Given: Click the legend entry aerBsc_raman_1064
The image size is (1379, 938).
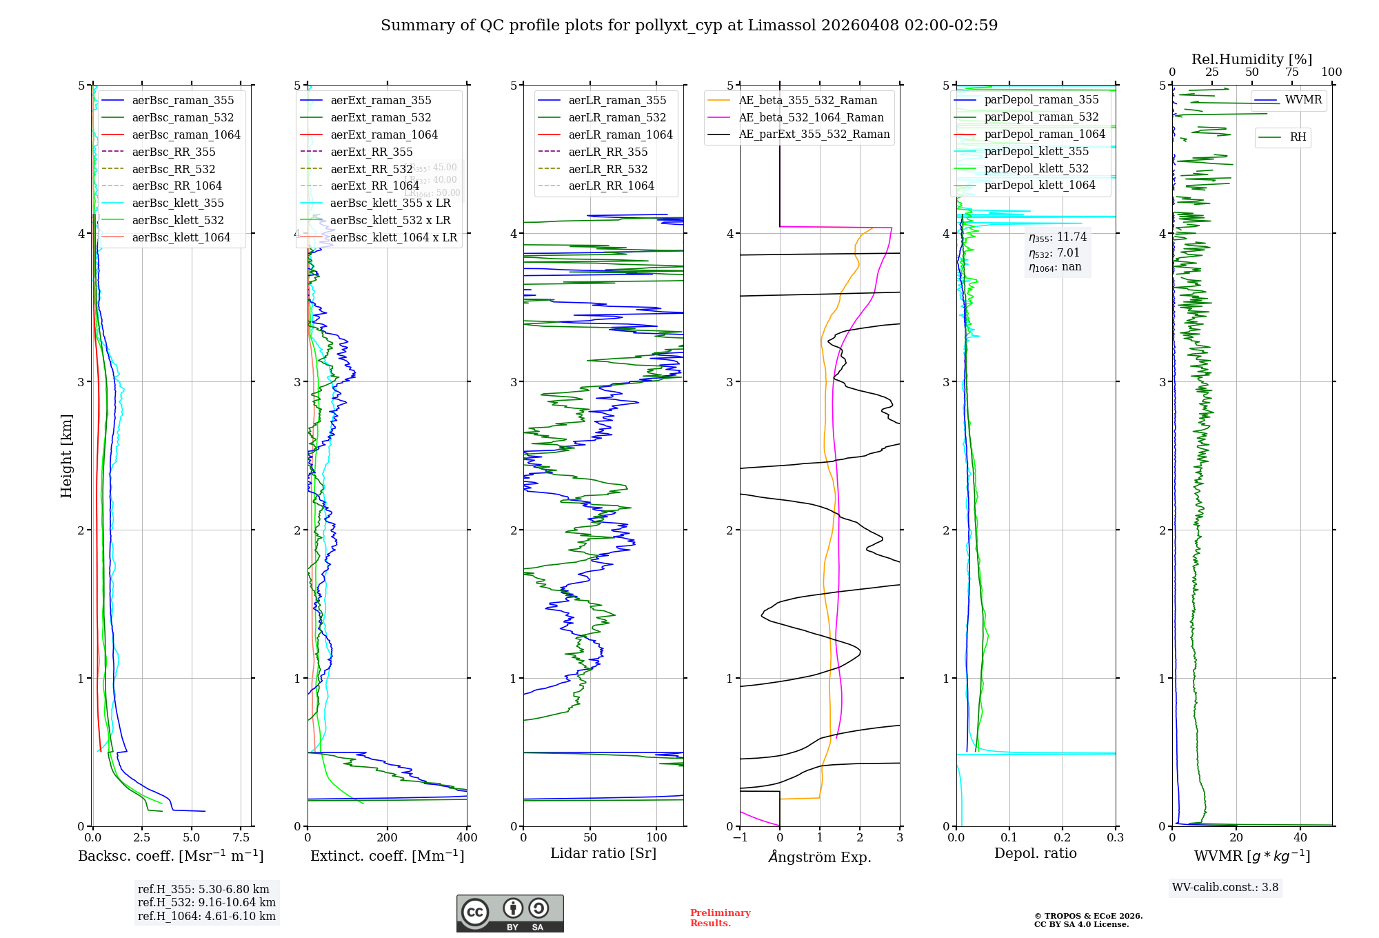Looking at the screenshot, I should pyautogui.click(x=186, y=134).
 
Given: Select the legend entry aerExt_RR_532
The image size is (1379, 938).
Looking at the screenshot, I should pyautogui.click(x=371, y=169).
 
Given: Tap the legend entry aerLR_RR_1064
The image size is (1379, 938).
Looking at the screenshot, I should pyautogui.click(x=611, y=186).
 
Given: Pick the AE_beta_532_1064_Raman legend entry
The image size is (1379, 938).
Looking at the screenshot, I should pyautogui.click(x=811, y=117).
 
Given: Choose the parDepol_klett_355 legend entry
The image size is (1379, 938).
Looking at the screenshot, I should pyautogui.click(x=1036, y=151).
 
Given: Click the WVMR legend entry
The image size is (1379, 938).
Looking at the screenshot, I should pyautogui.click(x=1303, y=100).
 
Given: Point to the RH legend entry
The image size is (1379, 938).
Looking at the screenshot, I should pyautogui.click(x=1298, y=137).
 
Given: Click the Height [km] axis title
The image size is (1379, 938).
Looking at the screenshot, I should pyautogui.click(x=66, y=456).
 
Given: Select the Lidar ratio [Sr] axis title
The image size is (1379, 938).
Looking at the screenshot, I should pyautogui.click(x=603, y=853).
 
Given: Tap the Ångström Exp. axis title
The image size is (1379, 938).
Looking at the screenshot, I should pyautogui.click(x=819, y=857).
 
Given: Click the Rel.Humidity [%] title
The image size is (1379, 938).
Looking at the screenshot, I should pyautogui.click(x=1251, y=59).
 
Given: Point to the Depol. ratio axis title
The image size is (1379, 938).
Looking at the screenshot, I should pyautogui.click(x=1035, y=853).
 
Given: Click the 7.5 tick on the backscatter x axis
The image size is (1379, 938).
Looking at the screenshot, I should pyautogui.click(x=241, y=837).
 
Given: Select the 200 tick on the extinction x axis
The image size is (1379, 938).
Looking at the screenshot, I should pyautogui.click(x=387, y=837).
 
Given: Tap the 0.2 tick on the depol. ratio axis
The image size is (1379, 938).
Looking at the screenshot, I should pyautogui.click(x=1063, y=837).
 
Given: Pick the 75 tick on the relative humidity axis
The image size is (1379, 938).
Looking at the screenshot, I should pyautogui.click(x=1291, y=72).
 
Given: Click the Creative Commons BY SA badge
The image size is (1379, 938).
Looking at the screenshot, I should pyautogui.click(x=510, y=913).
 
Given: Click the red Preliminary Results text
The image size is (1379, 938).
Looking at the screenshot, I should pyautogui.click(x=720, y=918).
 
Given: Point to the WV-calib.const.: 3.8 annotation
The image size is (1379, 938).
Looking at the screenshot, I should pyautogui.click(x=1225, y=888).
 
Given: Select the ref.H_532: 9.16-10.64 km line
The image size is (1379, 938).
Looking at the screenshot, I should pyautogui.click(x=206, y=902).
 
